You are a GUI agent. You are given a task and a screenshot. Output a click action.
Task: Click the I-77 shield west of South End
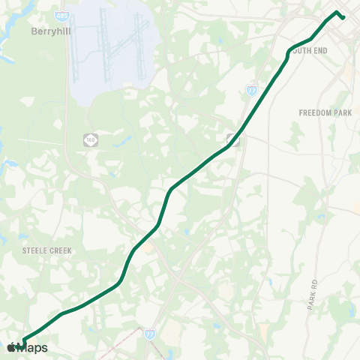point(251,90)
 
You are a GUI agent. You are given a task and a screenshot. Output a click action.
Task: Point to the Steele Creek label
point(46,250)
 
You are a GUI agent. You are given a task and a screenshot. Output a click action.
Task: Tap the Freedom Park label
point(325,112)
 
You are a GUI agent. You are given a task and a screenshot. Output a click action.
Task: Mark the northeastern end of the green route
point(343,16)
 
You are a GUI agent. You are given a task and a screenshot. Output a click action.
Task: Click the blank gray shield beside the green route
point(233,139)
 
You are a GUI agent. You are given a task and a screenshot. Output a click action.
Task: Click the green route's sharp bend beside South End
point(289,52)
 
